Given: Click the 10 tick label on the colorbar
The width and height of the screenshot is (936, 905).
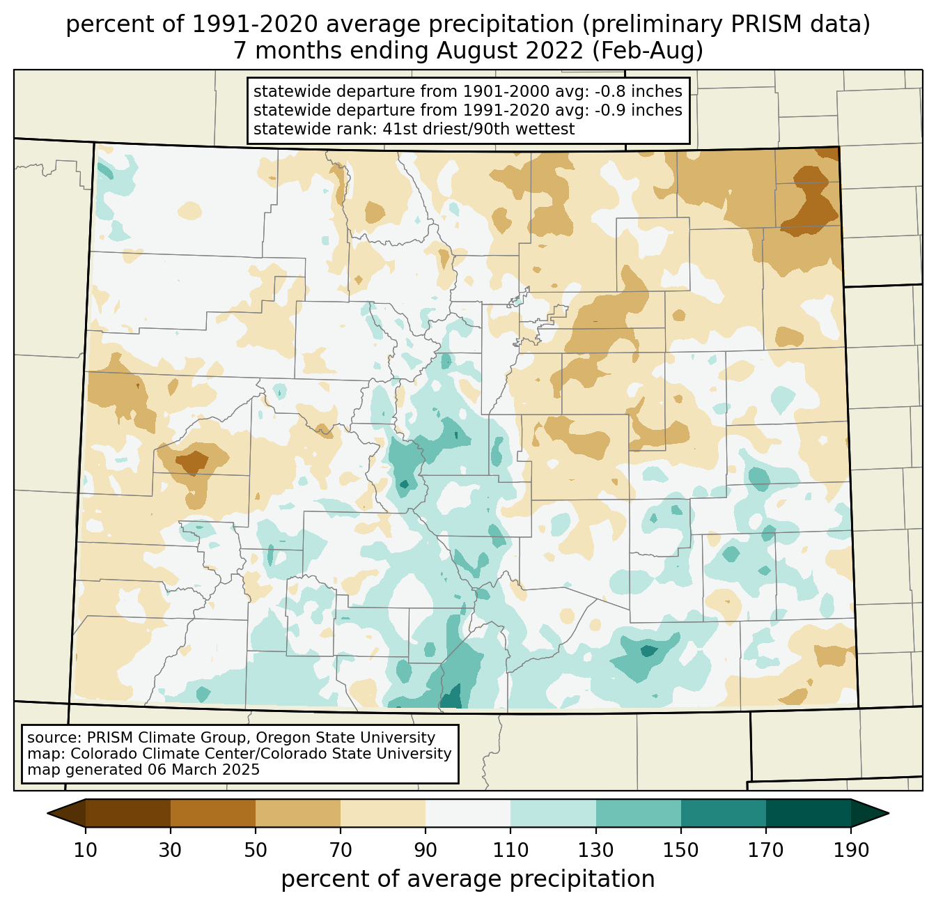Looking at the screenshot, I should coord(86,850).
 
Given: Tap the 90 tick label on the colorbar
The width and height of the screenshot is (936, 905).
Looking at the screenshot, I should coord(426,850).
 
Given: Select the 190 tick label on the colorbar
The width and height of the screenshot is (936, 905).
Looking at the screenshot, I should coord(850,850).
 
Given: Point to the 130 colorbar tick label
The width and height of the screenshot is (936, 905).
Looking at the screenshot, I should coord(596,850).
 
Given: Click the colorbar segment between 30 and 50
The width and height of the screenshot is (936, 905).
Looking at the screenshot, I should coord(213,813).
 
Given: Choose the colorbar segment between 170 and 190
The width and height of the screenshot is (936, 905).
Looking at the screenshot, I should coord(808,813).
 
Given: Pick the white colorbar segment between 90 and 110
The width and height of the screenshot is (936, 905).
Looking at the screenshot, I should coord(468,813).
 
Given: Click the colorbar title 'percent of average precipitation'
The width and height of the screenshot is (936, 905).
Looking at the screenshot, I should coord(468,879).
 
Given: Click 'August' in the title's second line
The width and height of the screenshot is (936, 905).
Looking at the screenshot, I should coord(479,51).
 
